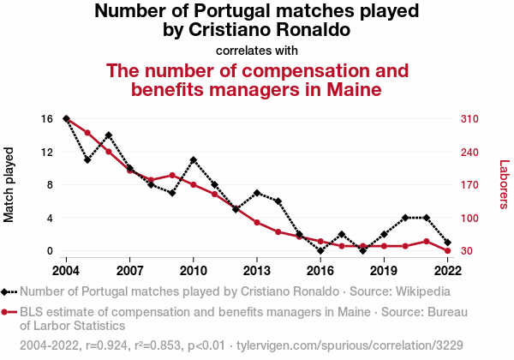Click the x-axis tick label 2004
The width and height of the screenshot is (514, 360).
66,269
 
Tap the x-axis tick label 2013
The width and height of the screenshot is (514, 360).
257,269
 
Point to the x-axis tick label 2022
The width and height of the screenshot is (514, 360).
448,269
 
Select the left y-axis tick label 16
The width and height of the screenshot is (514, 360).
47,118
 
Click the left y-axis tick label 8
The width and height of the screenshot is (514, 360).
50,185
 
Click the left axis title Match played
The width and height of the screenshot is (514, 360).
10,185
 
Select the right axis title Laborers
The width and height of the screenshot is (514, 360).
504,185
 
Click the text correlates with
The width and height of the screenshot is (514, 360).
257,50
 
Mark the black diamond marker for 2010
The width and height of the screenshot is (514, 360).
194,160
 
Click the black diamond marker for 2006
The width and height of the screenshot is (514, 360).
109,135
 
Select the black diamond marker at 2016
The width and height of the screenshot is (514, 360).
320,251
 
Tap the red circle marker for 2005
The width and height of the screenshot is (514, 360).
87,133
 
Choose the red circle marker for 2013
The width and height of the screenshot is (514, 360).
257,223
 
